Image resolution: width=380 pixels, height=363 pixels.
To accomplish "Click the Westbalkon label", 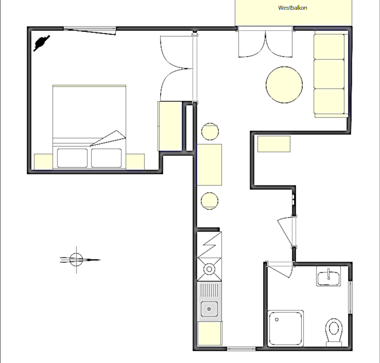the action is (292, 8).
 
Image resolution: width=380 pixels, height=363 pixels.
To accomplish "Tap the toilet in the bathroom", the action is (334, 333).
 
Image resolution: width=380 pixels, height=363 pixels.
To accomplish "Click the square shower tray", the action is (285, 329).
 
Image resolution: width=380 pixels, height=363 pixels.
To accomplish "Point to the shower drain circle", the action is (277, 320).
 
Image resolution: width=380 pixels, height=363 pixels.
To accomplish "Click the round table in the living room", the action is (284, 85).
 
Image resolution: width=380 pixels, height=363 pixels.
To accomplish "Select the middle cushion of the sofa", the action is (329, 74).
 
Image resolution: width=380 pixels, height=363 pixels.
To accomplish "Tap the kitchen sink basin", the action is (209, 309).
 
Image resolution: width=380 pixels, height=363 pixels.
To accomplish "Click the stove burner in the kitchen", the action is (209, 269).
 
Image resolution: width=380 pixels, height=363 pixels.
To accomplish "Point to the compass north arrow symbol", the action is (80, 260).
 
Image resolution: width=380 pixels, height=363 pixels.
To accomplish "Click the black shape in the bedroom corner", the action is (42, 43).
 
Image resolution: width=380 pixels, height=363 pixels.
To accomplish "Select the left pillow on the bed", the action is (72, 158).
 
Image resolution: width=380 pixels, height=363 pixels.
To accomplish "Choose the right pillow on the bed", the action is (106, 158).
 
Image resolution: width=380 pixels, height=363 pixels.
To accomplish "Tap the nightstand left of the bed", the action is (43, 162).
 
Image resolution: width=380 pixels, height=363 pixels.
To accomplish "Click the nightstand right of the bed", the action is (135, 162).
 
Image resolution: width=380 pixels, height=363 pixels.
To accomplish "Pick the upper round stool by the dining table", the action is (210, 132).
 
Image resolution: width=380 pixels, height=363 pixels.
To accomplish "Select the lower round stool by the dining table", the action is (209, 201).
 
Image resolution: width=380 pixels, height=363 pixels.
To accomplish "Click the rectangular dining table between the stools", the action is (209, 165).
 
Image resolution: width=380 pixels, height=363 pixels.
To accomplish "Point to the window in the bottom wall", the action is (241, 349).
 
